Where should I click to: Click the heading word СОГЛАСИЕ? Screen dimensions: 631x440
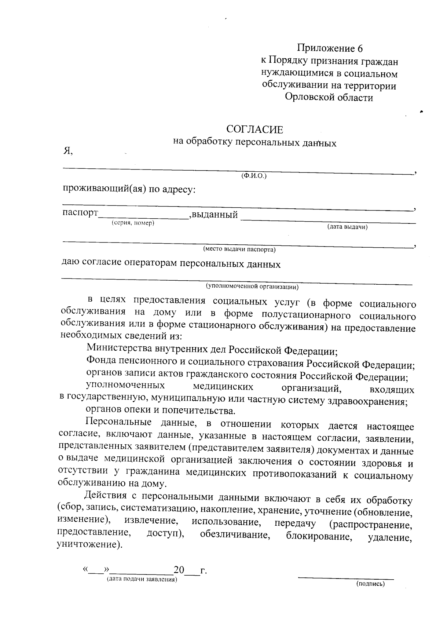pyautogui.click(x=255, y=129)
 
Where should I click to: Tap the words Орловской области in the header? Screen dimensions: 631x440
pyautogui.click(x=329, y=98)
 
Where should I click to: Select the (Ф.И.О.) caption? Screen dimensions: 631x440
pyautogui.click(x=254, y=176)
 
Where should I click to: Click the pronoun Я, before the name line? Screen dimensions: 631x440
pyautogui.click(x=68, y=151)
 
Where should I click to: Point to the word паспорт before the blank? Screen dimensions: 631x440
pyautogui.click(x=80, y=213)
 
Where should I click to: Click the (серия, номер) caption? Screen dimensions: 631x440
pyautogui.click(x=133, y=223)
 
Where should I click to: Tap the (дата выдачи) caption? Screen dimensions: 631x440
pyautogui.click(x=347, y=227)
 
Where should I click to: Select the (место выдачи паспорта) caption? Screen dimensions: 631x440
pyautogui.click(x=239, y=249)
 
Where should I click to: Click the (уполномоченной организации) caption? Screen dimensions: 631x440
pyautogui.click(x=252, y=286)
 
